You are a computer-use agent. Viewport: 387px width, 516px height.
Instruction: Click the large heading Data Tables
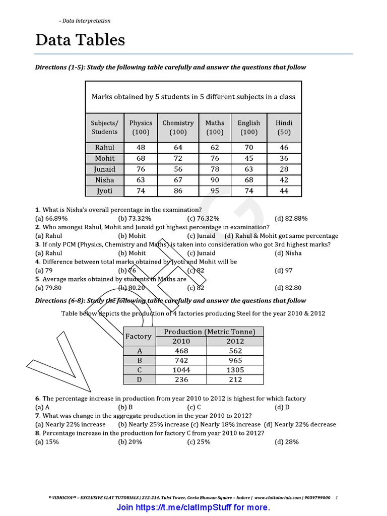[x=80, y=40]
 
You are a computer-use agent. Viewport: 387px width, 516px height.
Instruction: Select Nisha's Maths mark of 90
[x=215, y=180]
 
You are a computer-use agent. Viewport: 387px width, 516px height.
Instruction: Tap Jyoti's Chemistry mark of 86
[x=178, y=191]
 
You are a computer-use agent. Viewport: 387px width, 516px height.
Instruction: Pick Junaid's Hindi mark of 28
[x=284, y=169]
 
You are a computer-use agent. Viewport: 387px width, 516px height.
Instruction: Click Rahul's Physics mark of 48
[x=141, y=148]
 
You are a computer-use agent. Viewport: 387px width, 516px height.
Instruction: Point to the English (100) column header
[x=249, y=127]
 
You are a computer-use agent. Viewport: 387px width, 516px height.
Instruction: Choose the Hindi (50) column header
[x=284, y=127]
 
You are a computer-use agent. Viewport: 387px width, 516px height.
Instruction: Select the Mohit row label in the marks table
[x=105, y=158]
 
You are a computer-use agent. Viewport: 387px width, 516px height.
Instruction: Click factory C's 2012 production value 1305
[x=235, y=370]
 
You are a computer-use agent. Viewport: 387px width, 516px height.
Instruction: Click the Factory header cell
[x=138, y=336]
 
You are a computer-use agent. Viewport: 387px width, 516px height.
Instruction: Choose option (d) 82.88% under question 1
[x=291, y=218]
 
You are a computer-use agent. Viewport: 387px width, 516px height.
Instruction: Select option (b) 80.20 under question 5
[x=132, y=288]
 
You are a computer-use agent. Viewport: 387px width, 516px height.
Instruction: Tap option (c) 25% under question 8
[x=199, y=441]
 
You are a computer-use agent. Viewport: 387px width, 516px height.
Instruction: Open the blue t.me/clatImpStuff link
[x=193, y=507]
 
